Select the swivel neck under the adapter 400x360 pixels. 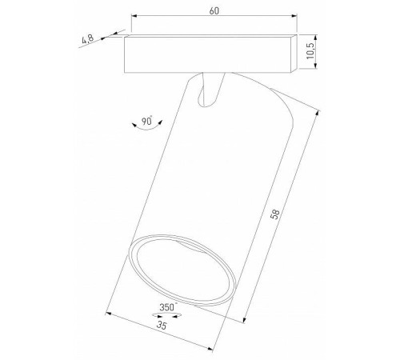click(210, 89)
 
